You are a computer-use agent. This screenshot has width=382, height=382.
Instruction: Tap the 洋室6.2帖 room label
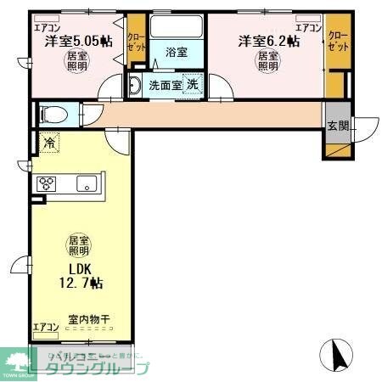tap(267, 40)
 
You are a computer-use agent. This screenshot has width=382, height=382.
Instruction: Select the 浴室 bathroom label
tap(177, 52)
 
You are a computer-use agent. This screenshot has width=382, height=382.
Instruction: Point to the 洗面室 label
tap(165, 85)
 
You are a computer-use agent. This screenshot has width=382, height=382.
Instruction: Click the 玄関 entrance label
tap(337, 125)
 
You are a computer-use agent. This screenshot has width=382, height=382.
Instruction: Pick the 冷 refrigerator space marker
tap(49, 143)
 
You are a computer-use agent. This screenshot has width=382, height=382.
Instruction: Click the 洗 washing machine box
tap(193, 84)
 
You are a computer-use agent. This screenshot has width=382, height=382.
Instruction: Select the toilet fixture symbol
tap(53, 112)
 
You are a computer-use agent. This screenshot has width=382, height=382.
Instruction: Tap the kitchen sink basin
tap(87, 183)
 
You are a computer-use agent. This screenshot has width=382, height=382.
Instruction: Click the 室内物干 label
tap(88, 319)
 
